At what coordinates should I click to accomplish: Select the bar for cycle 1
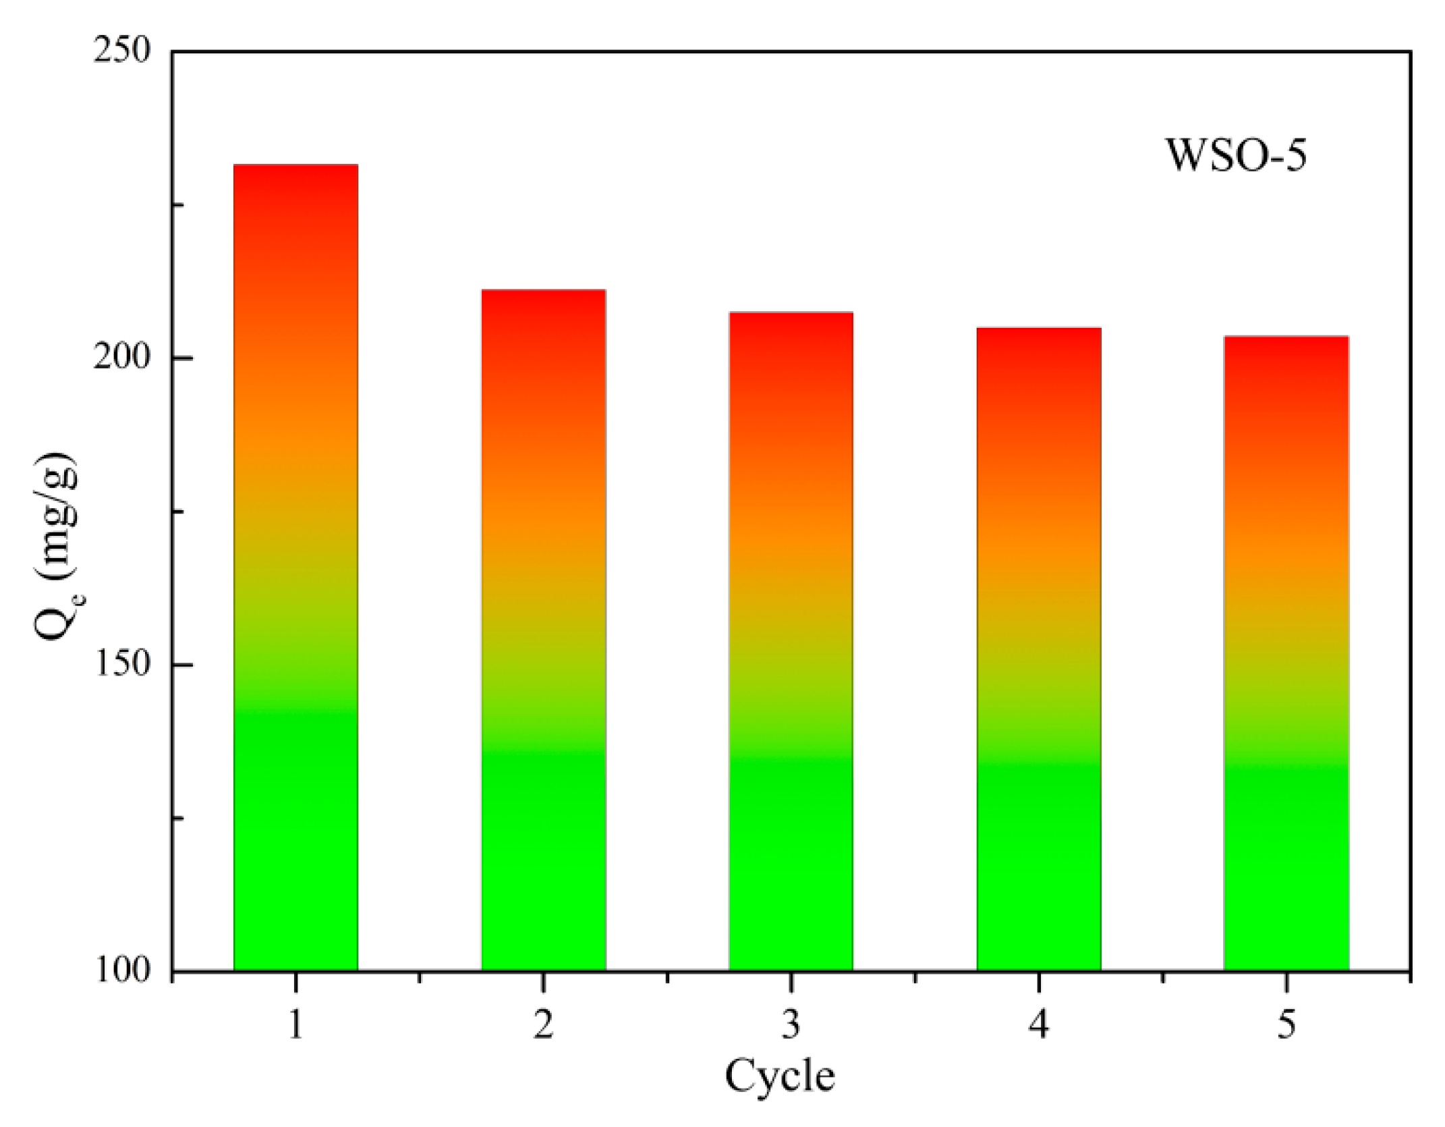click(295, 567)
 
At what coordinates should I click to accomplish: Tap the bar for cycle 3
click(791, 641)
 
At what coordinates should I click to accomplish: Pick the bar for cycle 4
click(1039, 649)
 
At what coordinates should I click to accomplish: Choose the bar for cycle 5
click(1286, 653)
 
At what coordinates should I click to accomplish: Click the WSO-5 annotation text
click(1236, 156)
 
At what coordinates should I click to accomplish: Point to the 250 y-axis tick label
click(122, 51)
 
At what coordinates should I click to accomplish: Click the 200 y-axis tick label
click(122, 358)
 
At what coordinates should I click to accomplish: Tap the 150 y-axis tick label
click(122, 665)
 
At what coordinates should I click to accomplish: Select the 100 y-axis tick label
click(122, 970)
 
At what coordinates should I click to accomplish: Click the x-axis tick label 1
click(295, 1024)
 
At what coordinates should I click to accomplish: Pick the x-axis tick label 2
click(543, 1024)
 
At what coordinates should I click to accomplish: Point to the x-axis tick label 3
click(791, 1024)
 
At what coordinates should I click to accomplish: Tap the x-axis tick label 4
click(1039, 1024)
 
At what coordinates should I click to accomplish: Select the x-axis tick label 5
click(1286, 1024)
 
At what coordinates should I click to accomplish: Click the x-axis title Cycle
click(780, 1076)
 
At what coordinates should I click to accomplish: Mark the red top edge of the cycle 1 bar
click(295, 166)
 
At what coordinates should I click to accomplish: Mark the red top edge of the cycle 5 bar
click(1286, 337)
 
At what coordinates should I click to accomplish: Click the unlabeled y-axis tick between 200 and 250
click(178, 204)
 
